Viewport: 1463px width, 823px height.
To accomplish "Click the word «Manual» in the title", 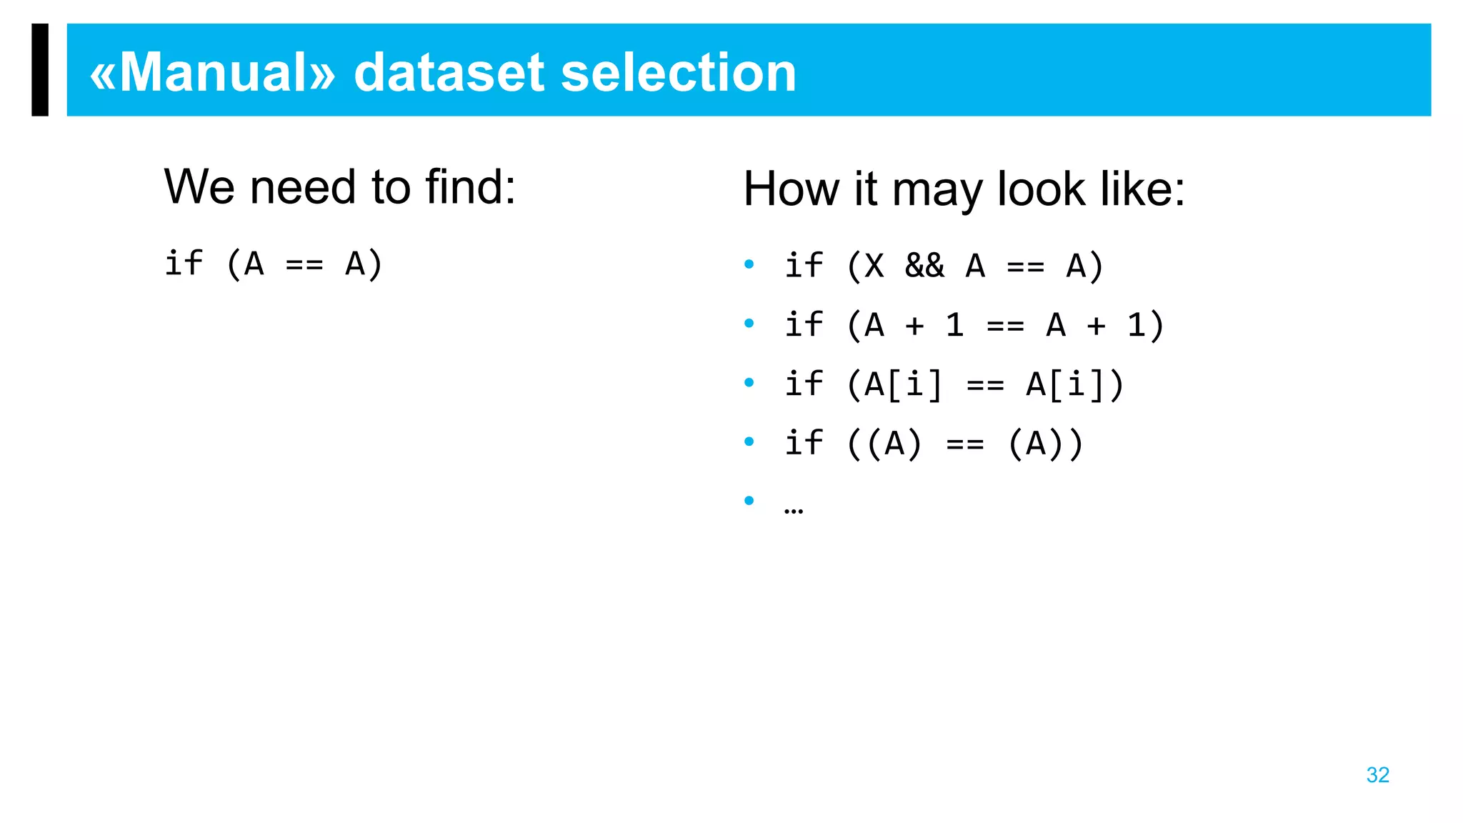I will coord(212,73).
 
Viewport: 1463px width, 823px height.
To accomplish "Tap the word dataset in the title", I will coord(449,73).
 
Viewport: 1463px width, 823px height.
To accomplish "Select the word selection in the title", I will coord(678,73).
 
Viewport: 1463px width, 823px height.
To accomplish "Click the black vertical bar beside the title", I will coord(40,69).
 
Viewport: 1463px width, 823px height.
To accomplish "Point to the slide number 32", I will coord(1377,775).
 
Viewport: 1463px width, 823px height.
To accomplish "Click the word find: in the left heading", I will coord(470,187).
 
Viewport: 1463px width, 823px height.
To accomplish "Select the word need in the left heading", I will coord(303,187).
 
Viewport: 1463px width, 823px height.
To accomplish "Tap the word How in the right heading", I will coord(792,190).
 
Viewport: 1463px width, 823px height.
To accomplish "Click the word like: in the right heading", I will coord(1142,190).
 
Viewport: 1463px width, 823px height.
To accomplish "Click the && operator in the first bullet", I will coord(924,266).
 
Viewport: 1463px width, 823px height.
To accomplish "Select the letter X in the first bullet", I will coord(874,266).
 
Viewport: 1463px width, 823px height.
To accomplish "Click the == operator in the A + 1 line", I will coord(1005,326).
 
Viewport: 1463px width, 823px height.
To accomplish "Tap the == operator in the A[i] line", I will coord(985,385).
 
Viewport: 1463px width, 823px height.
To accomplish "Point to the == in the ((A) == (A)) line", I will coord(965,444).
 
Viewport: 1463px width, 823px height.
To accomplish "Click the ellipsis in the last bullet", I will coord(793,509).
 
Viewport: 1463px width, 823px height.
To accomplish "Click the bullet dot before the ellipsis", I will coord(749,500).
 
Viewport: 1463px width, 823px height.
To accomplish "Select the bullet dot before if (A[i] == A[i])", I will coord(749,382).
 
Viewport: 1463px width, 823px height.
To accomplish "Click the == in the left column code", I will coord(304,264).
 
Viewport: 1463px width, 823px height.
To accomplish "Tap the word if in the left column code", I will coord(184,263).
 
